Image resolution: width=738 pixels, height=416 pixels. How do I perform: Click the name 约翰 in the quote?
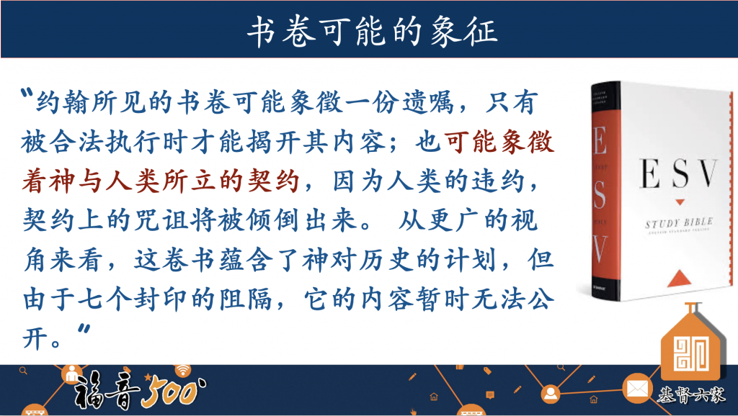pos(63,101)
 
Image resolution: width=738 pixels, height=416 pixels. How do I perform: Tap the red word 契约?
pos(272,181)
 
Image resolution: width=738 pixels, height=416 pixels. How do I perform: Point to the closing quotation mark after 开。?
pos(84,329)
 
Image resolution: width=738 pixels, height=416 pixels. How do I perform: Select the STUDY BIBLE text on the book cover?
pos(679,222)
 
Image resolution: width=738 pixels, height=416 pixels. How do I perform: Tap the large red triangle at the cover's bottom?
pos(679,278)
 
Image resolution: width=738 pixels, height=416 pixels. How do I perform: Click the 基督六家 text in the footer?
pos(691,395)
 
